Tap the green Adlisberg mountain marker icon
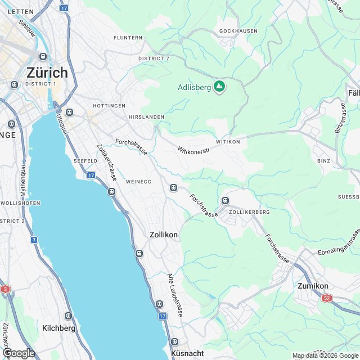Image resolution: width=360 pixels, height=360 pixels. tap(219, 87)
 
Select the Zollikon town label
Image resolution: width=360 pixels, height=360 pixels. tap(164, 235)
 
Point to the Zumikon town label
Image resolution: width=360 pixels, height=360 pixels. tap(312, 286)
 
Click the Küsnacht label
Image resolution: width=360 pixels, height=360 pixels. tap(187, 353)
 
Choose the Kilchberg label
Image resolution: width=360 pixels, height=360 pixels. tap(59, 327)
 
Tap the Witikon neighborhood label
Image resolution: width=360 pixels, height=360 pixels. tap(227, 142)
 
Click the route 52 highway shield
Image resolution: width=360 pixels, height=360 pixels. tap(327, 298)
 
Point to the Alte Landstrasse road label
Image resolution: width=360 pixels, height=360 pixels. tap(174, 294)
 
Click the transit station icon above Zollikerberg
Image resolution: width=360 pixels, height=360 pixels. tap(225, 201)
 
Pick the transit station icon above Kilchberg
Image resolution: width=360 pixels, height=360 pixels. tap(68, 316)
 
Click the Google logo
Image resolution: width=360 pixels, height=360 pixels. tap(19, 353)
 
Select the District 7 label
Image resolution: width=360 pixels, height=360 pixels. tap(154, 58)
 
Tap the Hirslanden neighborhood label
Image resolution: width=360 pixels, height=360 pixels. tap(146, 117)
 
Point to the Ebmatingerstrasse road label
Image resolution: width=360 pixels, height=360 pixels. tap(337, 246)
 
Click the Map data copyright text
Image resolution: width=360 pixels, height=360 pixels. tap(325, 355)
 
